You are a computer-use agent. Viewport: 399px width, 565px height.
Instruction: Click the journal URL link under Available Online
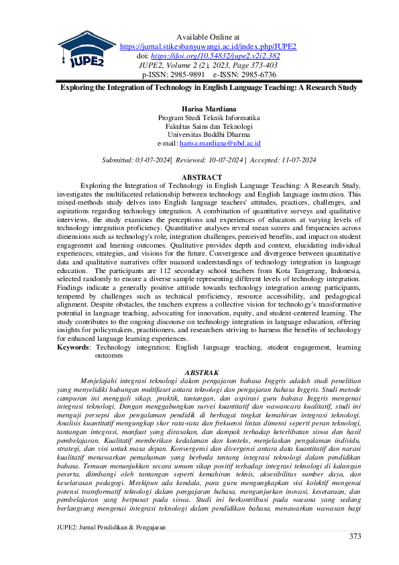coord(208,46)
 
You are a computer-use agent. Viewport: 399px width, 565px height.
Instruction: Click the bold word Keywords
coord(73,348)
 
